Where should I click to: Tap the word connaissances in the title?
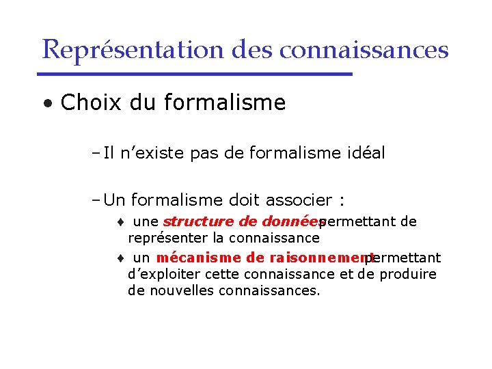(364, 49)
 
